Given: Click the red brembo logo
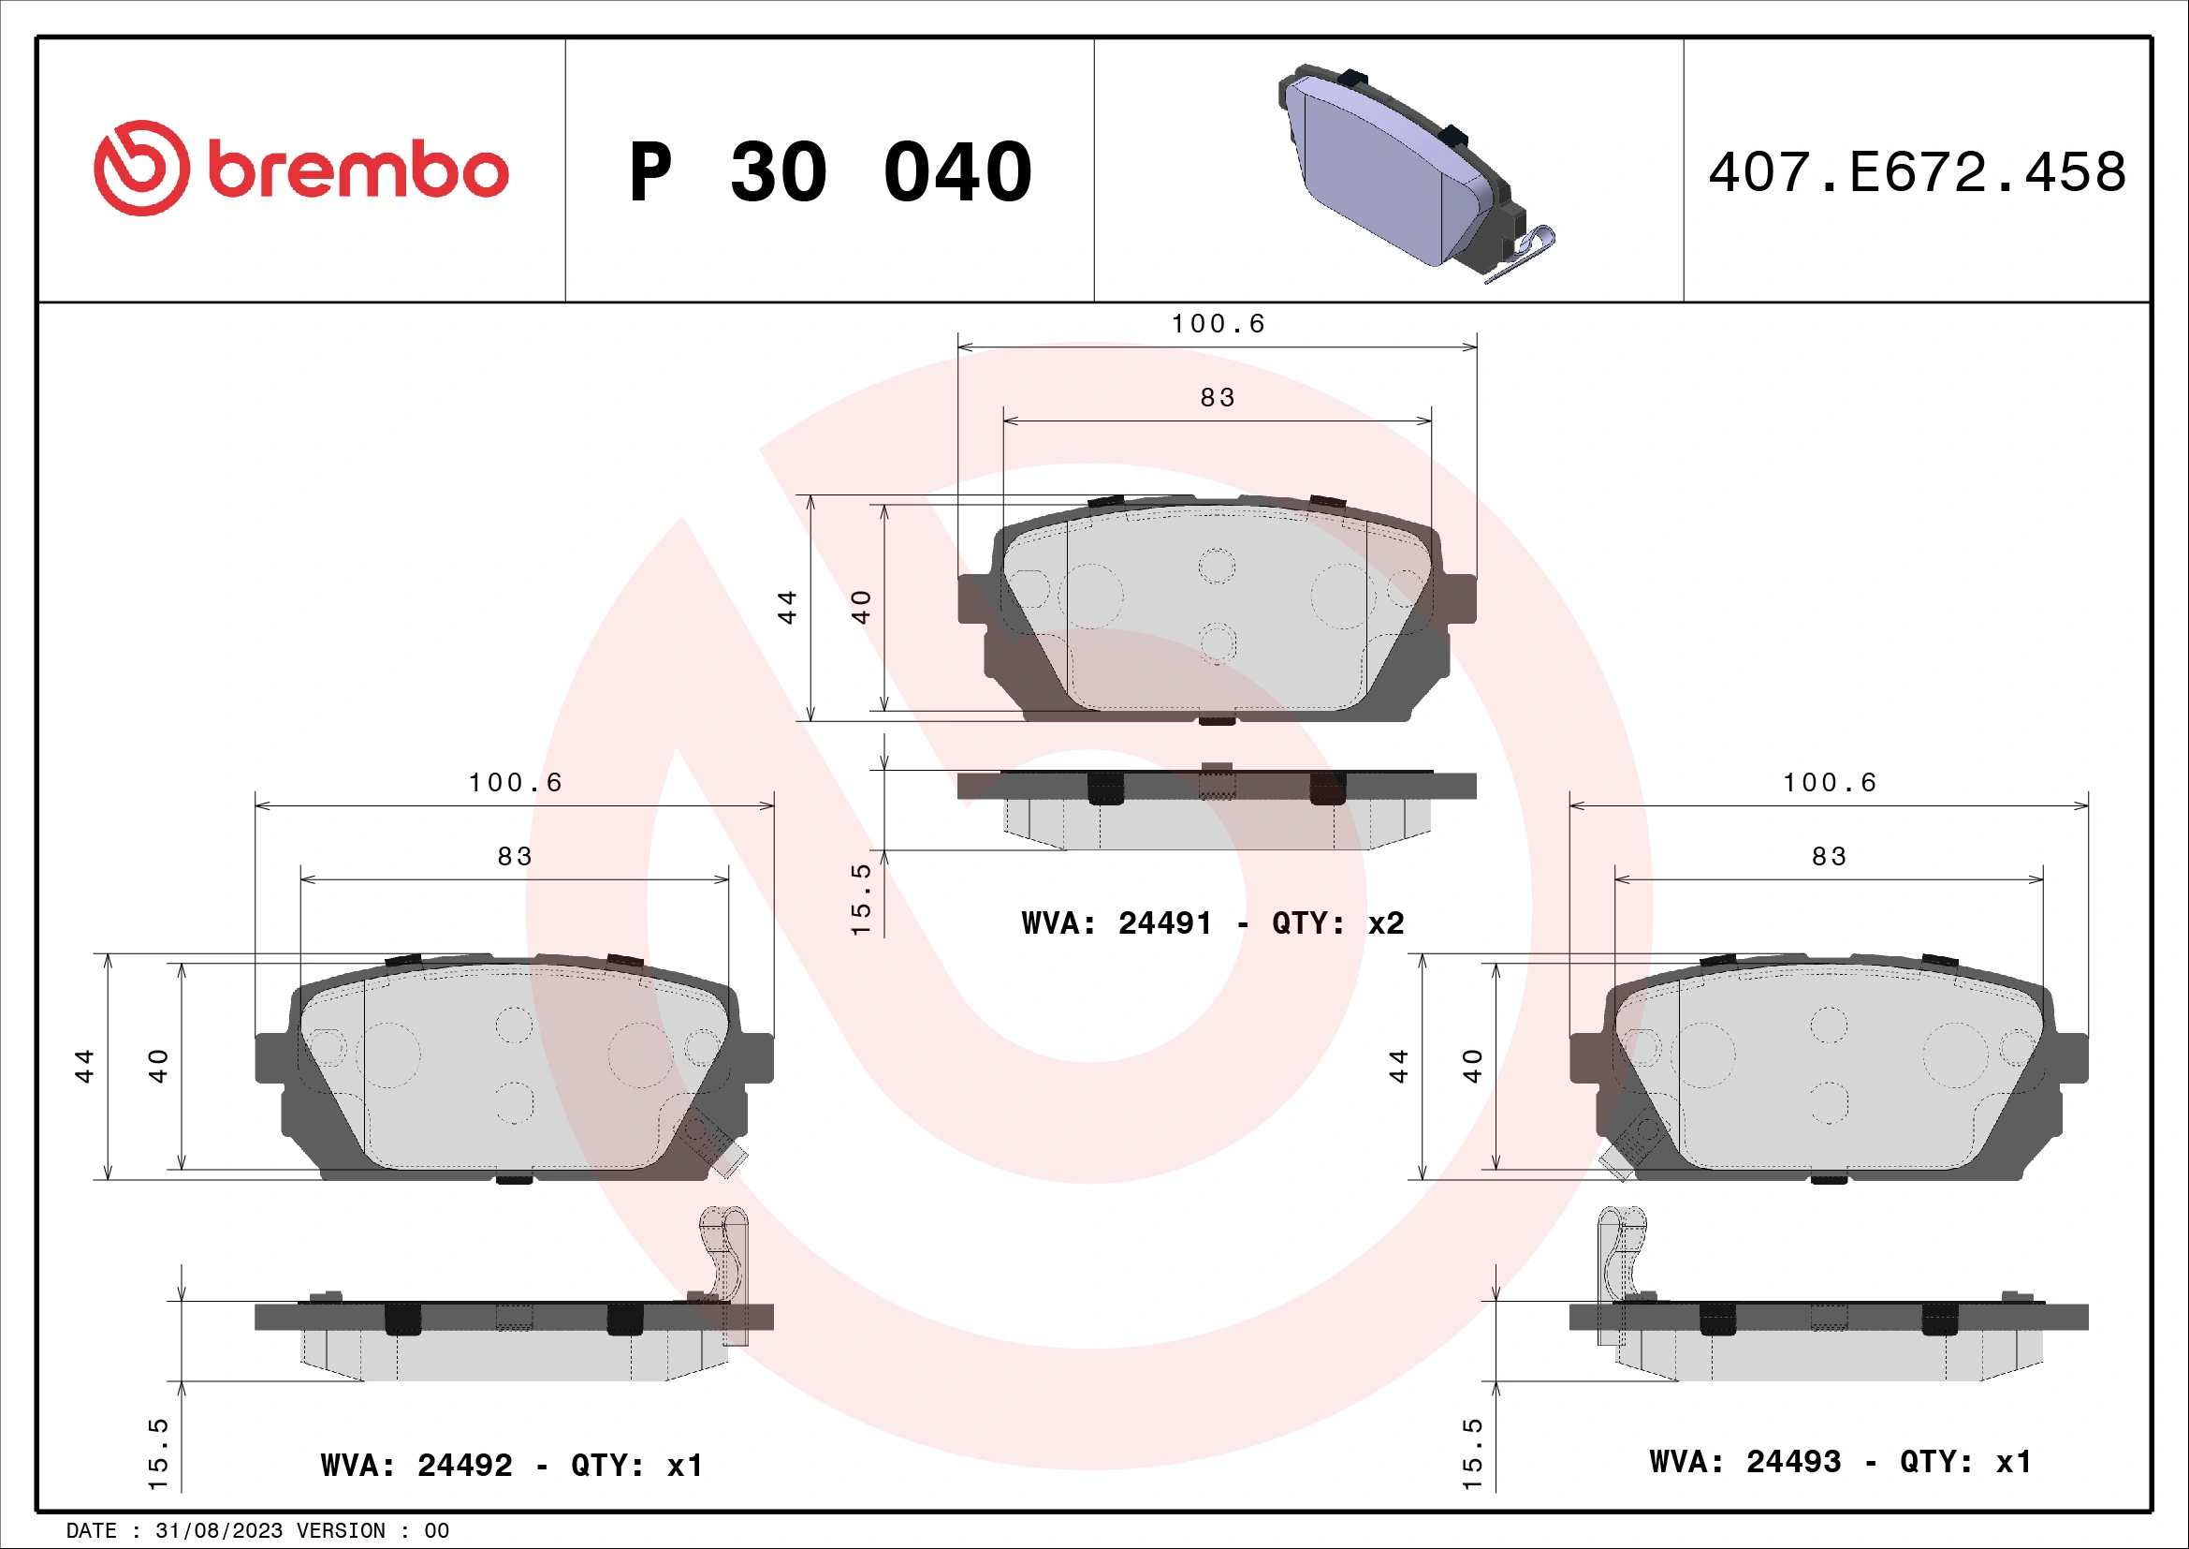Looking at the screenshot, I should pos(300,169).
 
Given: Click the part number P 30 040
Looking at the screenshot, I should pos(829,172).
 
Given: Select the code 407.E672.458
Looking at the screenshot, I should pos(1917,172).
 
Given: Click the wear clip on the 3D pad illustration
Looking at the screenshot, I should pos(1524,254).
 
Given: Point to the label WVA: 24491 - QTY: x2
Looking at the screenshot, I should pos(1212,923).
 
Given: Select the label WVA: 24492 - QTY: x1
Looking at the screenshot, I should pos(511,1465).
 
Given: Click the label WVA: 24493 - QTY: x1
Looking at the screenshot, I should pos(1840,1461).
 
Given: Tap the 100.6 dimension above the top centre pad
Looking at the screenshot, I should pos(1218,324).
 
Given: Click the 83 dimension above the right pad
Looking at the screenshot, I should pos(1829,857).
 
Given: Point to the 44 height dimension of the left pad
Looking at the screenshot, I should pos(85,1066).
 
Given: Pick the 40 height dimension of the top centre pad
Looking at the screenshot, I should pos(861,607).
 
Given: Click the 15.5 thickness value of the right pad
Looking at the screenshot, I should pos(1472,1453).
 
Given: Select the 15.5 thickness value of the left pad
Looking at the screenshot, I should pos(157,1453).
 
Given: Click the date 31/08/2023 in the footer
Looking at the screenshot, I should pos(218,1531).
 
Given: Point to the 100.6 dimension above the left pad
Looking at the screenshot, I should pos(515,783).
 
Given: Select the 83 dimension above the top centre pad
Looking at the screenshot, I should pos(1218,398).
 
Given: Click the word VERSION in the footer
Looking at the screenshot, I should pos(341,1531).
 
